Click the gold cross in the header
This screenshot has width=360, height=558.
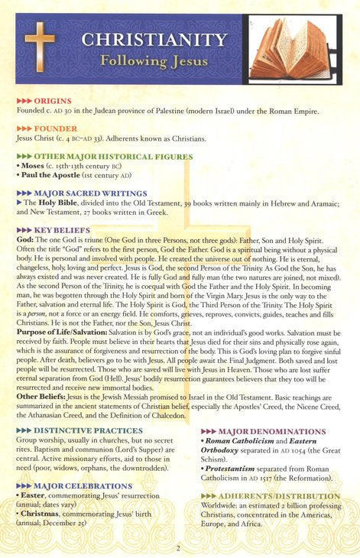coord(39,47)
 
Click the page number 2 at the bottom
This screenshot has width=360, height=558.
coord(177,547)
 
